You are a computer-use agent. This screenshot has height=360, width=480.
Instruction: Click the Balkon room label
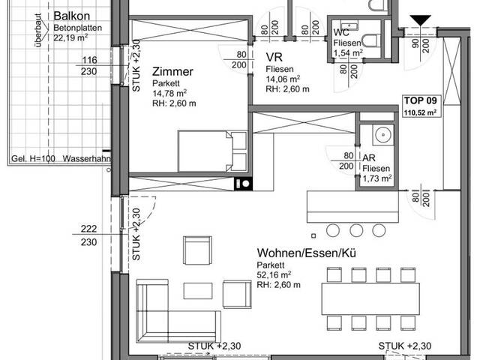(72, 16)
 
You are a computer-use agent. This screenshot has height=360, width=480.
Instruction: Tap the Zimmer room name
(172, 72)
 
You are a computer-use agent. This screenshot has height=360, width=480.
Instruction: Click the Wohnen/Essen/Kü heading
(306, 253)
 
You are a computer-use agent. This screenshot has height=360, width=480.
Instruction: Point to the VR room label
(274, 57)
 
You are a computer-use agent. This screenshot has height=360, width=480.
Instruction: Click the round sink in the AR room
(382, 134)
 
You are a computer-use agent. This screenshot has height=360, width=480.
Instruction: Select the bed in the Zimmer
(212, 151)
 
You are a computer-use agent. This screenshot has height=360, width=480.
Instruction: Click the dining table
(370, 298)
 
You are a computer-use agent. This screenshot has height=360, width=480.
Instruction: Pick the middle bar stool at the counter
(356, 230)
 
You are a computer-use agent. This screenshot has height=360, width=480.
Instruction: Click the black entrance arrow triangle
(420, 21)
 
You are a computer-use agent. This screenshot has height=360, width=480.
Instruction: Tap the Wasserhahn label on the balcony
(87, 158)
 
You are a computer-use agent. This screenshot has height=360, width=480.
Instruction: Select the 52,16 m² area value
(274, 274)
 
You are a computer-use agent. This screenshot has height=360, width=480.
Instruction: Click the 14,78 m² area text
(169, 93)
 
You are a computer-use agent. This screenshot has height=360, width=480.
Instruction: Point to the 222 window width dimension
(88, 229)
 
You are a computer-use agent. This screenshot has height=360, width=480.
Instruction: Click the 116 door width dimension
(89, 60)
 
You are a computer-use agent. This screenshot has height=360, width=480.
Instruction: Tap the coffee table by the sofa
(198, 291)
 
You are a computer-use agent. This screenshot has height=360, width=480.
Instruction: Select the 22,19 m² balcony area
(70, 37)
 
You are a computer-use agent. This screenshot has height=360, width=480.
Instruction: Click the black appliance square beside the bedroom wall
(244, 184)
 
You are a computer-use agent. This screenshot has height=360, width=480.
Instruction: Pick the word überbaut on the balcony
(38, 30)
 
